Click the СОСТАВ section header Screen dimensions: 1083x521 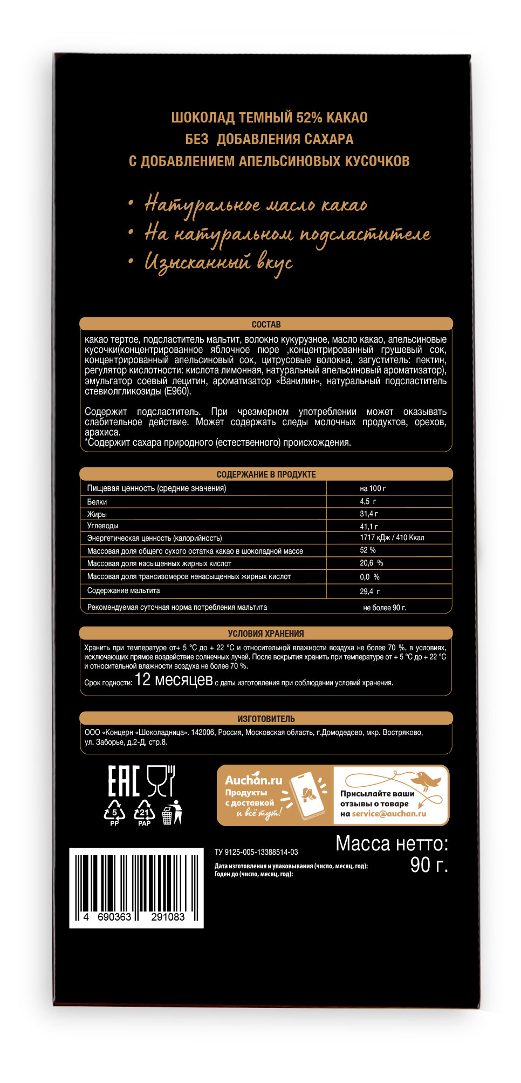(266, 324)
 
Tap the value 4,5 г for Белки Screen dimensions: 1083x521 (368, 501)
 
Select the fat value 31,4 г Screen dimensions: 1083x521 (369, 514)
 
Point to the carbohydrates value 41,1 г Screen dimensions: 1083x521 (369, 526)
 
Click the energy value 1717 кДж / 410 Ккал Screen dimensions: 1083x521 (392, 537)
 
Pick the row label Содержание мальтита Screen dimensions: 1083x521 (124, 590)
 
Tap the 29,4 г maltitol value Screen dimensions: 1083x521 (369, 591)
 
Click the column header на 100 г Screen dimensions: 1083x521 (373, 488)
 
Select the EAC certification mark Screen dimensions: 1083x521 (124, 781)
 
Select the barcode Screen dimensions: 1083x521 (136, 887)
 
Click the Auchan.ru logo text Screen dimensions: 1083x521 (253, 780)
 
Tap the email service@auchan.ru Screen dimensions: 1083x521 (389, 814)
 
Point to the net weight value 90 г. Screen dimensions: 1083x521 (429, 865)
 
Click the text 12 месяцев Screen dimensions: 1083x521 (173, 680)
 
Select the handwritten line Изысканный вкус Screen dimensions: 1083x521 (218, 263)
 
